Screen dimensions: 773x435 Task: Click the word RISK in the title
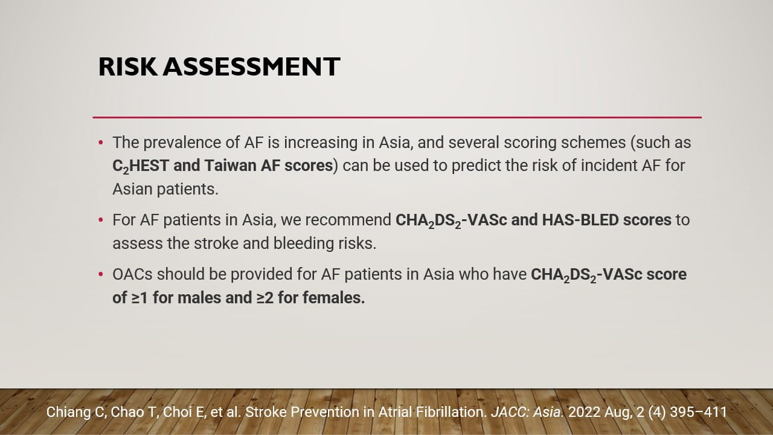pos(128,66)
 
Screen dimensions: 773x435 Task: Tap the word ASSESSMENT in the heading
pos(252,66)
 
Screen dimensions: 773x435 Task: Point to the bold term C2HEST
pos(141,166)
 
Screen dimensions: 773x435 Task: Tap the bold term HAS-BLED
pos(580,220)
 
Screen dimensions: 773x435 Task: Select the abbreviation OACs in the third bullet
pos(132,274)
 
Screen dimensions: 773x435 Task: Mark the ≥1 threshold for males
pos(140,298)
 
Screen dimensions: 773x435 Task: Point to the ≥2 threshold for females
pos(265,298)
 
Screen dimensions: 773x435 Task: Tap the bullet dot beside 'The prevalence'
pos(101,143)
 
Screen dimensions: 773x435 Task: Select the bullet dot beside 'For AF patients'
pos(101,220)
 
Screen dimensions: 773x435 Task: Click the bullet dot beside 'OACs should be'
pos(101,274)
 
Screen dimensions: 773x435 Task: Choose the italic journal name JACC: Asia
pos(527,412)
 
